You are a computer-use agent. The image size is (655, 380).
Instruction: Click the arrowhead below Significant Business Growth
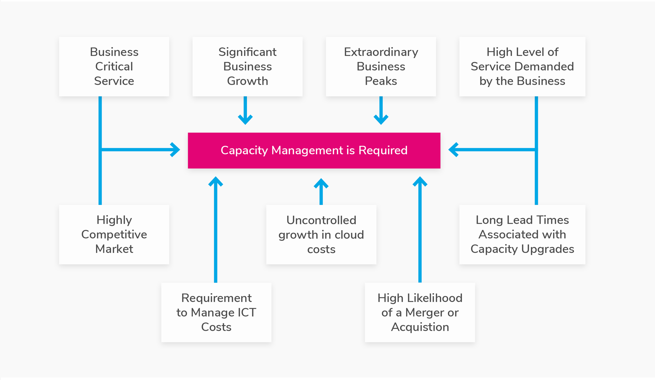(245, 120)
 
